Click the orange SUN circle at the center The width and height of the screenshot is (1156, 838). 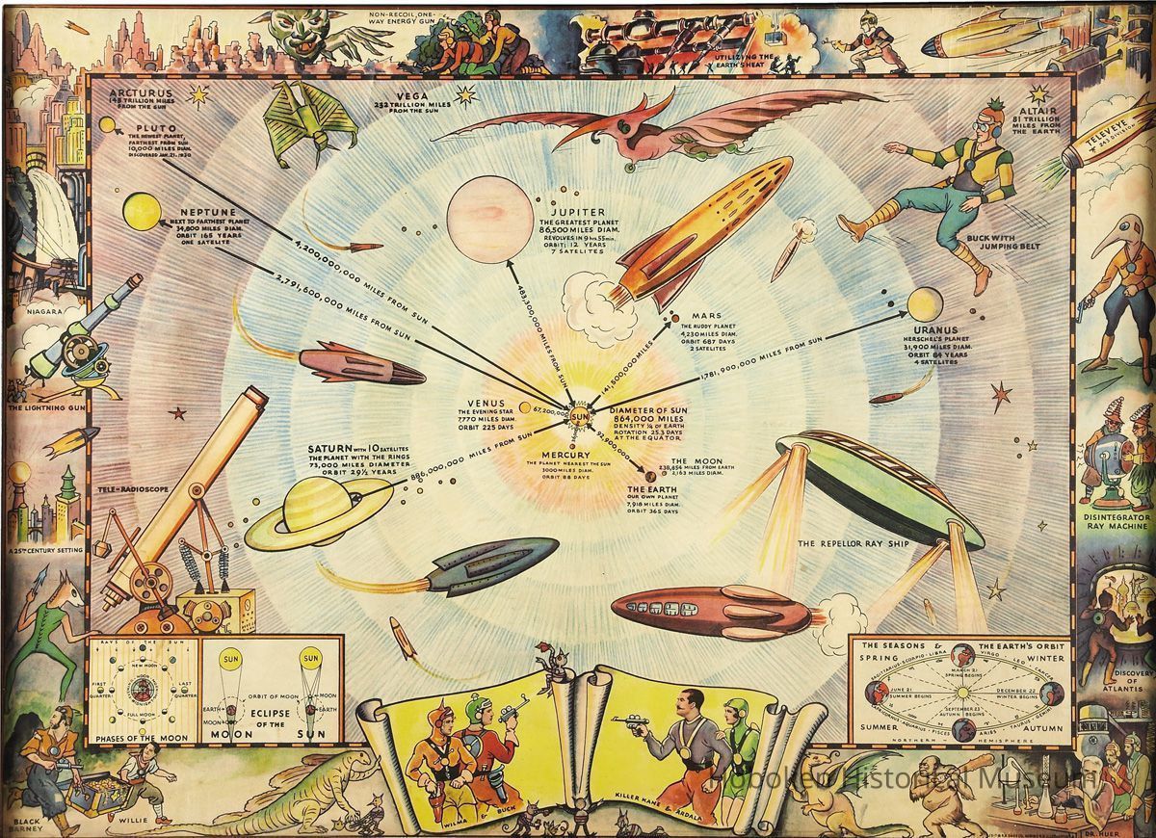pyautogui.click(x=581, y=417)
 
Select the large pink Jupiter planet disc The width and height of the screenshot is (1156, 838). pyautogui.click(x=489, y=220)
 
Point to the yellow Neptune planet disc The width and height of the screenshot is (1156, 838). pyautogui.click(x=142, y=209)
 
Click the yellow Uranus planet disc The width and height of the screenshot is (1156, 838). pyautogui.click(x=924, y=303)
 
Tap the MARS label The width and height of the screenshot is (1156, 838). pyautogui.click(x=706, y=315)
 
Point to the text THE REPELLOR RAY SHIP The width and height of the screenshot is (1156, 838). pyautogui.click(x=849, y=542)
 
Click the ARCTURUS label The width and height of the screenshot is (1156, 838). pyautogui.click(x=142, y=94)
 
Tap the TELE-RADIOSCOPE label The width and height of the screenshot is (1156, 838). pyautogui.click(x=132, y=489)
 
